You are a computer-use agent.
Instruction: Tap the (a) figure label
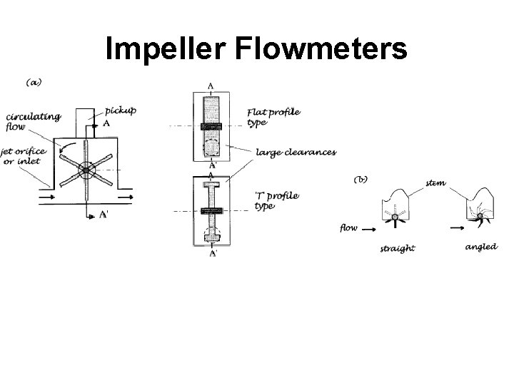click(34, 82)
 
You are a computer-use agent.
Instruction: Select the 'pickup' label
click(120, 110)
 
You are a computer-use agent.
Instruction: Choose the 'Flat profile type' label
click(273, 116)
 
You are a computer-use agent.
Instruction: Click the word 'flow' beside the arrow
click(348, 228)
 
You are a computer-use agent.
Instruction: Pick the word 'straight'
click(398, 249)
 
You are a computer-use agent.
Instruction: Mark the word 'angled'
click(480, 247)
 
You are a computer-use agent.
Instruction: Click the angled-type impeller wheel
click(480, 216)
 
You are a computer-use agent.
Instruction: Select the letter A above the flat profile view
click(211, 86)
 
